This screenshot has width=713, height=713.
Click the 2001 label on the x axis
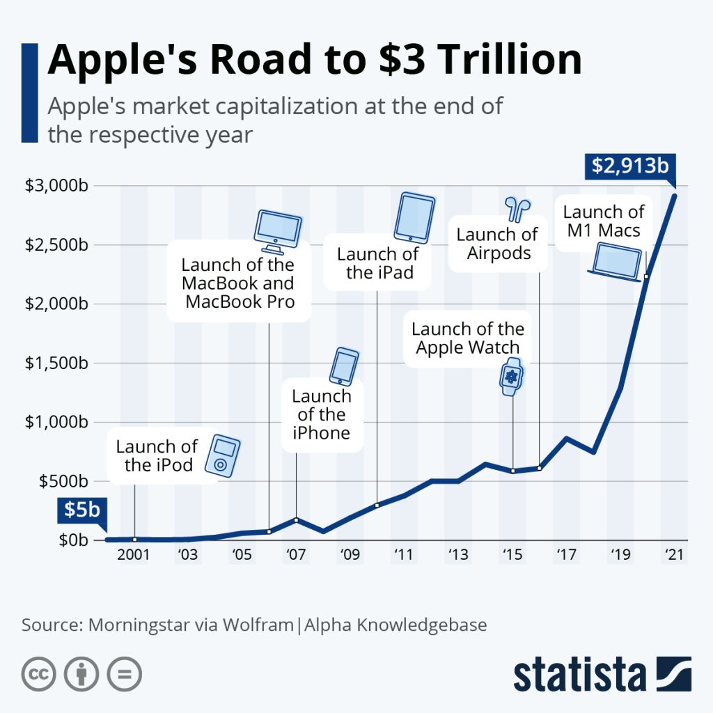click(x=133, y=555)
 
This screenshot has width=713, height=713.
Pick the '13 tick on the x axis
click(x=457, y=555)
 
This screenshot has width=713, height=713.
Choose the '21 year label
click(x=673, y=555)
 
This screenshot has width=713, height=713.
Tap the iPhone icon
click(x=344, y=366)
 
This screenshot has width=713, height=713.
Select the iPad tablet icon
click(x=415, y=217)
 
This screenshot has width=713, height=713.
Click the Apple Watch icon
click(x=512, y=377)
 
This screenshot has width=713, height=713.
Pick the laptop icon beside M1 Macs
click(x=615, y=265)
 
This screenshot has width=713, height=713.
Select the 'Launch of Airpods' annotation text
click(x=498, y=244)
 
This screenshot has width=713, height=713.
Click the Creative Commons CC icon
click(x=39, y=674)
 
